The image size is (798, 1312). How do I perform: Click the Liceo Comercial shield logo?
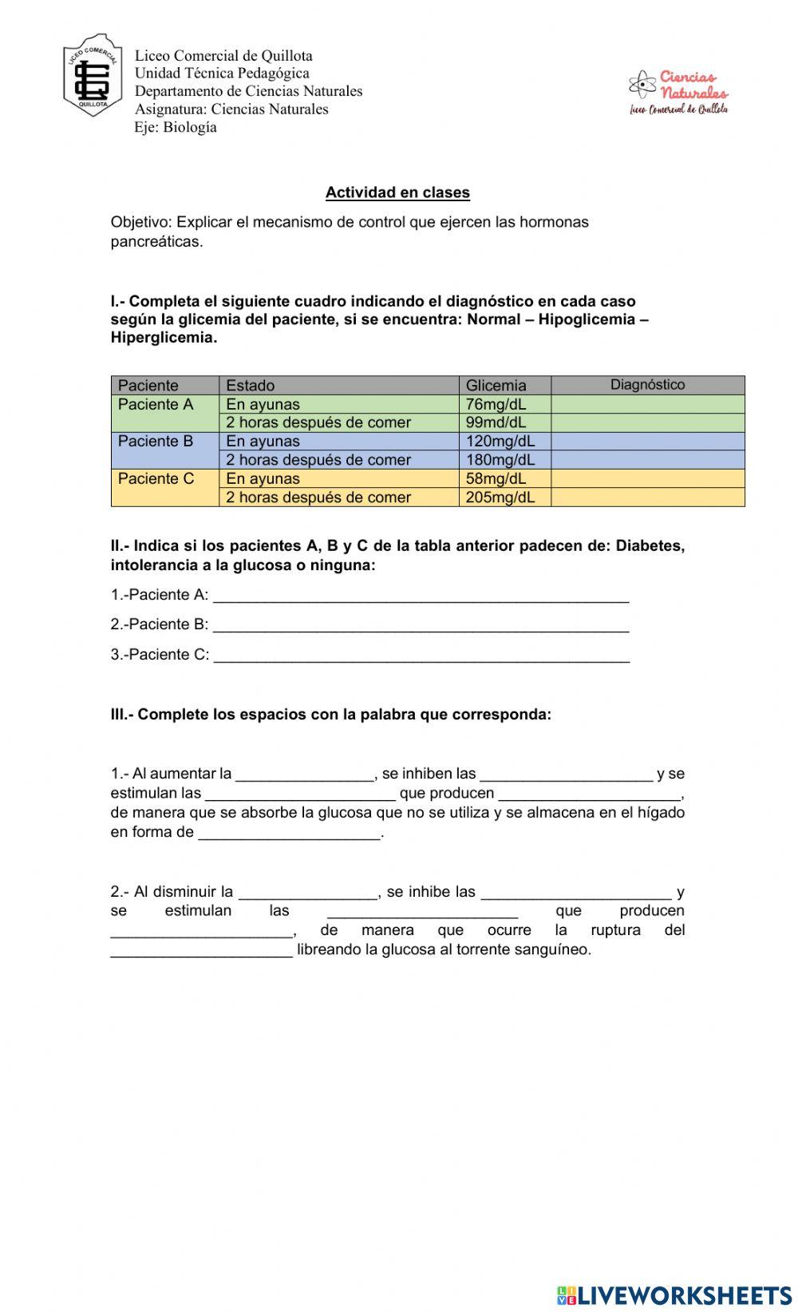pos(92,76)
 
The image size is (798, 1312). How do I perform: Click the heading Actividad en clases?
pos(397,192)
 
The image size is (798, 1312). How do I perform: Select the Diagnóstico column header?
pos(647,385)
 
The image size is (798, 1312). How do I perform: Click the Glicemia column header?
pos(496,386)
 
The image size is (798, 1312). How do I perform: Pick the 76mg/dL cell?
pos(496,404)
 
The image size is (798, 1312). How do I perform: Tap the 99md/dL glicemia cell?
pos(496,422)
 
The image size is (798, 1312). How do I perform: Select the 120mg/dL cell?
pos(500,441)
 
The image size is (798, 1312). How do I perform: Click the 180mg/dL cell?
pos(500,460)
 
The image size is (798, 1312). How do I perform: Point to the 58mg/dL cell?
pos(496,478)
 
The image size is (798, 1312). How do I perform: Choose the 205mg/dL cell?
pos(500,497)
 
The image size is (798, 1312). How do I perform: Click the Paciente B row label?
pos(156,442)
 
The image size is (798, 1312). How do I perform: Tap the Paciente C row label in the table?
pos(156,479)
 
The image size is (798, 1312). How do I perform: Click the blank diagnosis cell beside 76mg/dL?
pos(647,404)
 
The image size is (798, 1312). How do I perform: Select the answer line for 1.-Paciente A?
pos(421,595)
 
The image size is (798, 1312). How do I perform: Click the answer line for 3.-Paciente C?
pos(421,655)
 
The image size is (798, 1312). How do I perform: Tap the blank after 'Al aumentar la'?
pos(305,774)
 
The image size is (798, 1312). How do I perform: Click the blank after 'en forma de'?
pos(289,833)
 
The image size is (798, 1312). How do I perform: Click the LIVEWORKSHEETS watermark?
pos(674,1294)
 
